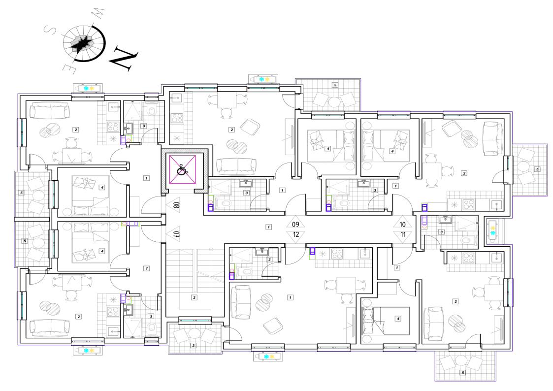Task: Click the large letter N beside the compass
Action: click(x=123, y=58)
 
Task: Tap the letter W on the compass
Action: click(x=98, y=13)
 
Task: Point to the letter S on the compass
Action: click(x=50, y=30)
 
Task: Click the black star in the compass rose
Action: click(x=83, y=42)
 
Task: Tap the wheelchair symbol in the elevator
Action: click(x=182, y=169)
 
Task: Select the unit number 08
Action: click(x=177, y=204)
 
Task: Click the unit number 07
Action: click(x=177, y=233)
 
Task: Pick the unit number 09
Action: click(x=295, y=224)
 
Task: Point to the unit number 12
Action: click(x=295, y=234)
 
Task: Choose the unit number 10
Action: click(x=402, y=224)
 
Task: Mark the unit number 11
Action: click(x=402, y=234)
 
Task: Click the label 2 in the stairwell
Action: click(x=194, y=297)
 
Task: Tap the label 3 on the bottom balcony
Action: click(x=193, y=346)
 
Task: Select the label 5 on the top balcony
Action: click(x=335, y=85)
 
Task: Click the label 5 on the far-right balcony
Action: click(x=537, y=169)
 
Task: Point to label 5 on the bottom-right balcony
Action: click(x=463, y=372)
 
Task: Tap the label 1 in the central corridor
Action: click(x=269, y=227)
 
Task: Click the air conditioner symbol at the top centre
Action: click(x=263, y=79)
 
